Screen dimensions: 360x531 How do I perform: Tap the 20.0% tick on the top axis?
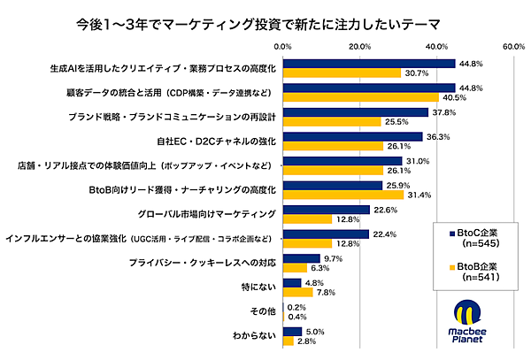coord(359,45)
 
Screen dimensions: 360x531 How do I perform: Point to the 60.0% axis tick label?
coord(512,45)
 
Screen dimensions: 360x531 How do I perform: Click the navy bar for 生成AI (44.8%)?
coord(368,64)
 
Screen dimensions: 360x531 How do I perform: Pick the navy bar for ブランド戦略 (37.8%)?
coord(355,112)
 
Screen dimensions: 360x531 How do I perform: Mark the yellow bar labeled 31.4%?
coord(342,195)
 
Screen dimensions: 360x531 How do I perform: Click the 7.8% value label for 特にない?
coord(326,292)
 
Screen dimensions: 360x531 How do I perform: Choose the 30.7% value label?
coord(416,73)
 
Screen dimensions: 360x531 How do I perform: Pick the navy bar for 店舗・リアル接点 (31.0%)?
coord(342,161)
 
